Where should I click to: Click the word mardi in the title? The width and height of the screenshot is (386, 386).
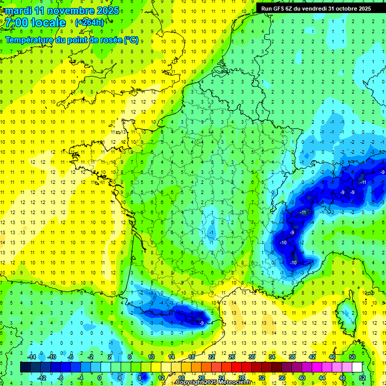(x=20, y=11)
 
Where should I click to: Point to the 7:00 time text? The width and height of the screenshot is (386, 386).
(x=18, y=23)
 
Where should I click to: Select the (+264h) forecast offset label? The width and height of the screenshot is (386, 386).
(x=89, y=23)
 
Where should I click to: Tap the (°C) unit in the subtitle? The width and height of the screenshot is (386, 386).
(x=131, y=40)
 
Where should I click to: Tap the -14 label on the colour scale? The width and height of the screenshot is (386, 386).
(x=31, y=357)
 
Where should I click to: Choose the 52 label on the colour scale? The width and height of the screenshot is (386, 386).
(x=362, y=377)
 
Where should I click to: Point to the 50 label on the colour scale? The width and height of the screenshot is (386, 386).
(x=352, y=357)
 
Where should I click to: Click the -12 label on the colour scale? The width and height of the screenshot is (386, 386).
(x=41, y=377)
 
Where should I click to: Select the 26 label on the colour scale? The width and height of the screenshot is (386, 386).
(x=232, y=357)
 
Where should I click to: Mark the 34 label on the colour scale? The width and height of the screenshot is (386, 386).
(x=272, y=357)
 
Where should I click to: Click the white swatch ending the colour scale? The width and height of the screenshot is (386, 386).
(x=357, y=367)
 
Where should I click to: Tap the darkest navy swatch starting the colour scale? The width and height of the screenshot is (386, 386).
(x=25, y=367)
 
